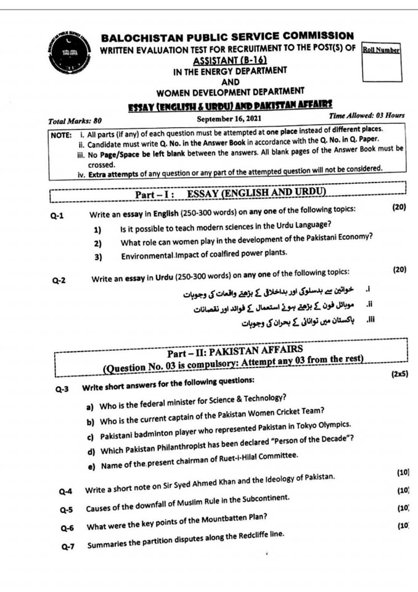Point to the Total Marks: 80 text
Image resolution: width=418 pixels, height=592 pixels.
(75, 121)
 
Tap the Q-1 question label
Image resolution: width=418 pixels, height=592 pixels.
(59, 216)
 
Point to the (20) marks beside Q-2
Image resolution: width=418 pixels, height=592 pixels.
(399, 270)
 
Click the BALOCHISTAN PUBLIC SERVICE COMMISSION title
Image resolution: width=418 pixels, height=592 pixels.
(227, 36)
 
